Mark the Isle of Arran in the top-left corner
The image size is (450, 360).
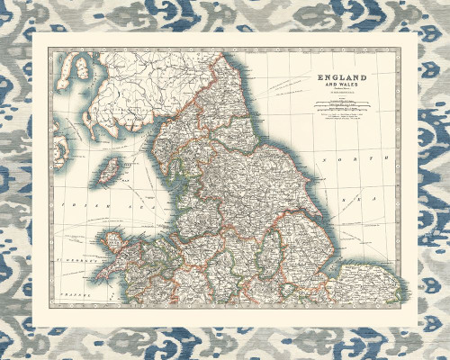click(81, 67)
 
